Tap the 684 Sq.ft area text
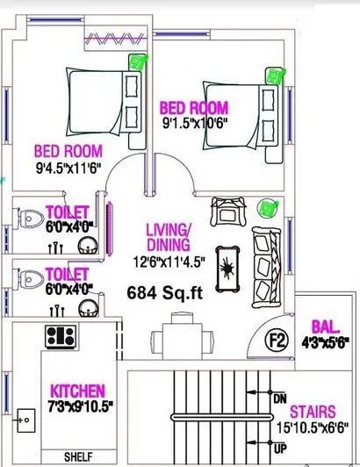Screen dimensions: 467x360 click(x=164, y=293)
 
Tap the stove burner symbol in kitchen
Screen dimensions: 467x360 click(x=60, y=334)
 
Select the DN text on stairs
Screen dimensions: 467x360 click(x=279, y=399)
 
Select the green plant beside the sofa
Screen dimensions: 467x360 click(x=265, y=208)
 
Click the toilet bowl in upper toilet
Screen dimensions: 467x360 click(x=30, y=216)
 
